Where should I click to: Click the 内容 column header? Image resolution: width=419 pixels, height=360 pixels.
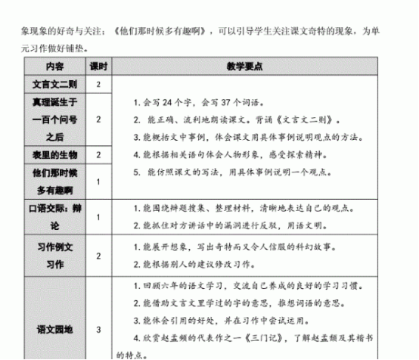tap(55, 67)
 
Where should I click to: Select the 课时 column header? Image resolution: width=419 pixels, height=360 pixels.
tap(98, 67)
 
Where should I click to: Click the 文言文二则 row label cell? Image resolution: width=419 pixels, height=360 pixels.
tap(55, 84)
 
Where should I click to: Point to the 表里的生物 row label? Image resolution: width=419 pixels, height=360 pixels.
tap(55, 154)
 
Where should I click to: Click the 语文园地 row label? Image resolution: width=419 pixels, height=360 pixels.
tap(55, 329)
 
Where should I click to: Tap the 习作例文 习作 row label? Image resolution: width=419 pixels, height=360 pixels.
tap(55, 256)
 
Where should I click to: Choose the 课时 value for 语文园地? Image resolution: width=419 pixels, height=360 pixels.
tap(98, 329)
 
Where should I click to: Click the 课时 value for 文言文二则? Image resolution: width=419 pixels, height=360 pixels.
tap(98, 84)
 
